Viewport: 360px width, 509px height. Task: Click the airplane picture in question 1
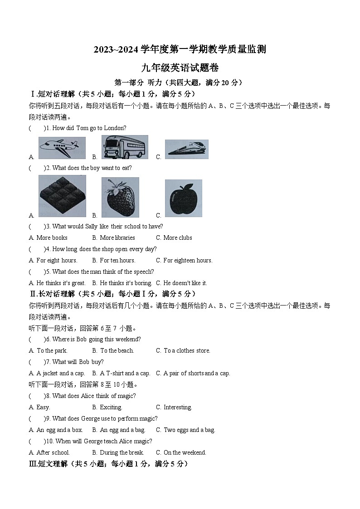pyautogui.click(x=62, y=148)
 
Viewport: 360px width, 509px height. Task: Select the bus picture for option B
pyautogui.click(x=124, y=147)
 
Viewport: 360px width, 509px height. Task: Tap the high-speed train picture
pyautogui.click(x=186, y=149)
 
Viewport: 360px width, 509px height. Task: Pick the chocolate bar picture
pyautogui.click(x=62, y=196)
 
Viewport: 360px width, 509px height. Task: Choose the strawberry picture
pyautogui.click(x=120, y=198)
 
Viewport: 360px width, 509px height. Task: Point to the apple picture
pyautogui.click(x=183, y=199)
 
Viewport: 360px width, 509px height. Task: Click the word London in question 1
pyautogui.click(x=116, y=128)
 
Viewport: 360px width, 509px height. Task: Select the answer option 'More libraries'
pyautogui.click(x=117, y=238)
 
